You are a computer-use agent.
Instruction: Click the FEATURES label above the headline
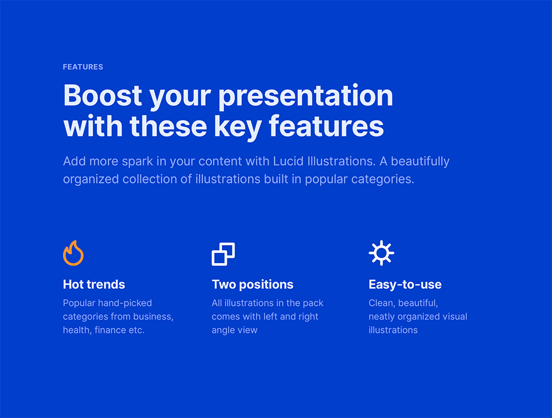coord(83,67)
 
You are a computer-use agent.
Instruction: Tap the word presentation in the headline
coord(306,97)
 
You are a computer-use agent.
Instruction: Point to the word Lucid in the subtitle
coord(288,161)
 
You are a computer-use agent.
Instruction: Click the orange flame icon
coord(73,253)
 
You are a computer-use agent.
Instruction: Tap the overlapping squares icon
coord(223,254)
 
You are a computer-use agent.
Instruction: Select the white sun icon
coord(381,253)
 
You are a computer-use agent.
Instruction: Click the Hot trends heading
coord(94,284)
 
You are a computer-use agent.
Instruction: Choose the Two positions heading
coord(252,285)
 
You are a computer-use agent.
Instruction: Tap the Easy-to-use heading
coord(405,285)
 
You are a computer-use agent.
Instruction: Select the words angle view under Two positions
coord(235,331)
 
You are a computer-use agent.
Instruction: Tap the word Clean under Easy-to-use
coord(382,304)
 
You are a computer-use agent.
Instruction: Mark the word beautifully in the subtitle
coord(420,162)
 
